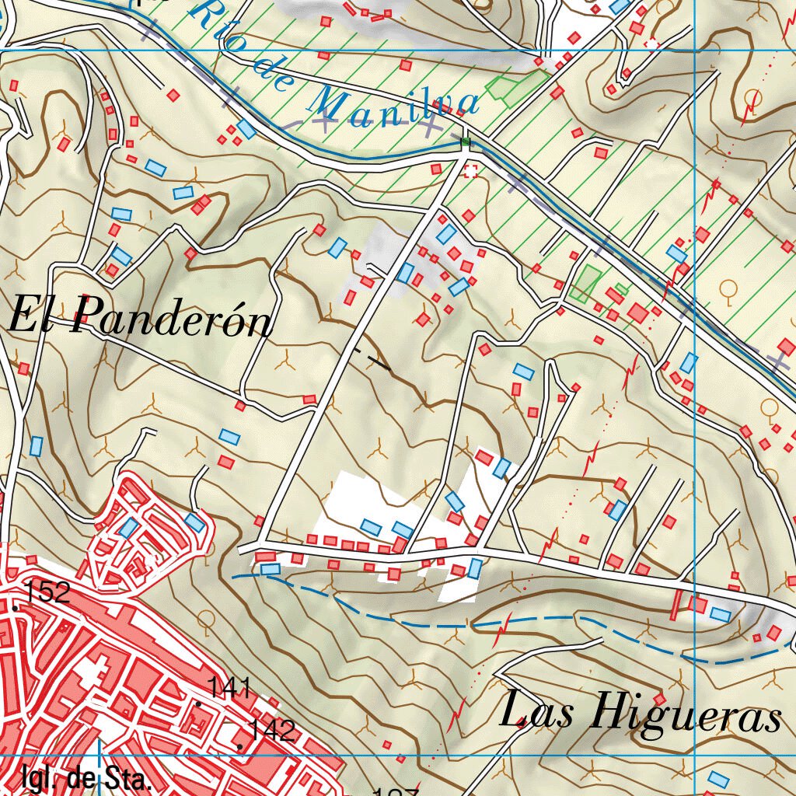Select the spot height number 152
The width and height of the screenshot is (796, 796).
tap(47, 593)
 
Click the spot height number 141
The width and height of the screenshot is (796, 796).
tap(229, 687)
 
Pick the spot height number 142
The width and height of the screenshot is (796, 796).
tap(272, 730)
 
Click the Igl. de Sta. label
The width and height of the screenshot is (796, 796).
tap(86, 778)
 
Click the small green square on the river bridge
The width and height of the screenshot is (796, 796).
tap(466, 141)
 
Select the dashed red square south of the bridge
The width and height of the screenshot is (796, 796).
tap(470, 170)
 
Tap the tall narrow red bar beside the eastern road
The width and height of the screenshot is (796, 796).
tap(677, 605)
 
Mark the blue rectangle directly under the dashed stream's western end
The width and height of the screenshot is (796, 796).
tap(270, 569)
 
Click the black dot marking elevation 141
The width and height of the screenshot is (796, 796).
tap(199, 703)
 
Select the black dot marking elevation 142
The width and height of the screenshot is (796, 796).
tap(240, 747)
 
